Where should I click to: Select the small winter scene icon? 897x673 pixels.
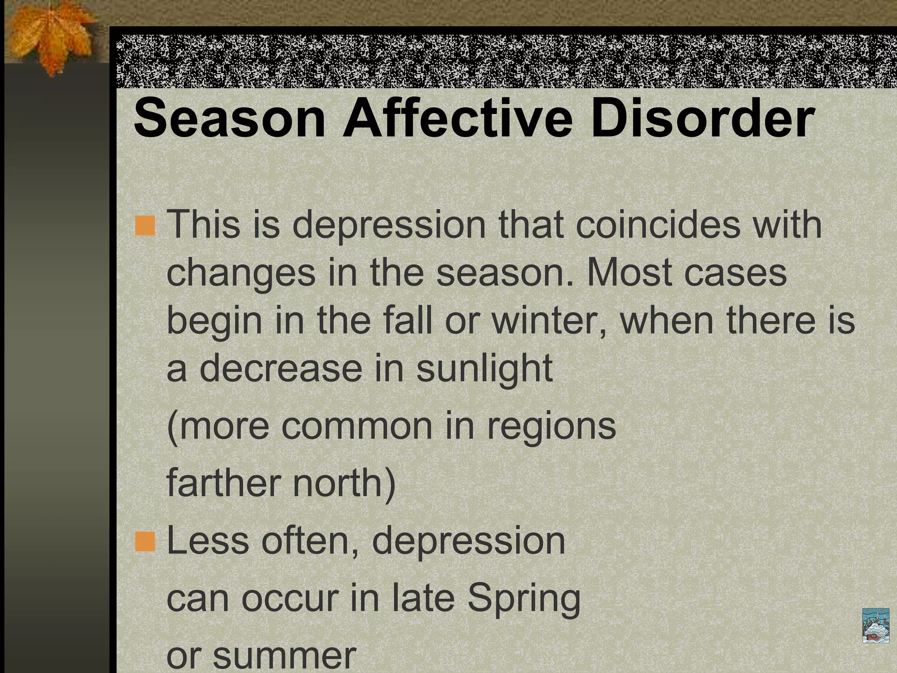[876, 625]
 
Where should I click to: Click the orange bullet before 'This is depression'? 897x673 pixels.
[145, 226]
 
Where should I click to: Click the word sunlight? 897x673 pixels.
[484, 368]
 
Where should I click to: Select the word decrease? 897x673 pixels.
[281, 368]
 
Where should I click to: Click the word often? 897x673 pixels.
[310, 541]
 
